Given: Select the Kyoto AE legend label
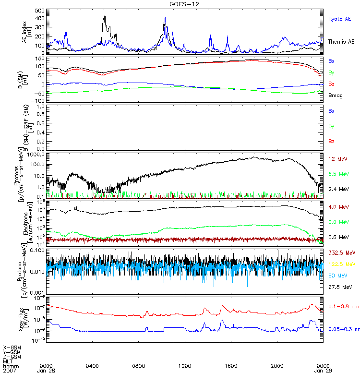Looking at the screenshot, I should tap(339, 19).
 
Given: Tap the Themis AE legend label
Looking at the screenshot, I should tap(341, 42).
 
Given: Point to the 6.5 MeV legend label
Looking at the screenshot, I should tap(338, 174).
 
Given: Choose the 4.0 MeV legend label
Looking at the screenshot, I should tap(338, 207).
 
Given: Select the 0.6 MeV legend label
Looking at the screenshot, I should tap(338, 237).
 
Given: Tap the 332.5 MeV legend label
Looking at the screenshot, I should tap(341, 252).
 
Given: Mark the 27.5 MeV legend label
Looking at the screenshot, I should tap(339, 287).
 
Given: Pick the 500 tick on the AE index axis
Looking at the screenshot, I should tap(39, 11).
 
